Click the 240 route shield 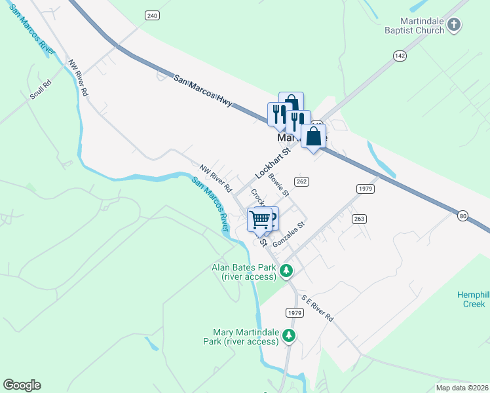tap(153, 15)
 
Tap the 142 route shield tap(400, 56)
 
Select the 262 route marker tap(301, 181)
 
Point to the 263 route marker tap(358, 219)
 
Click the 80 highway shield tap(464, 216)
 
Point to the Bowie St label tap(279, 185)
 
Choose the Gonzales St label tap(290, 234)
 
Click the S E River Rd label tap(317, 308)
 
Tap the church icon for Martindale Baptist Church tap(454, 26)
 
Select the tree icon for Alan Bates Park tap(286, 271)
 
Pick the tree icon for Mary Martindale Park tap(289, 336)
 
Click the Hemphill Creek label tap(472, 299)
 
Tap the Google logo tap(22, 385)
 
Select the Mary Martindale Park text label tap(246, 337)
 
